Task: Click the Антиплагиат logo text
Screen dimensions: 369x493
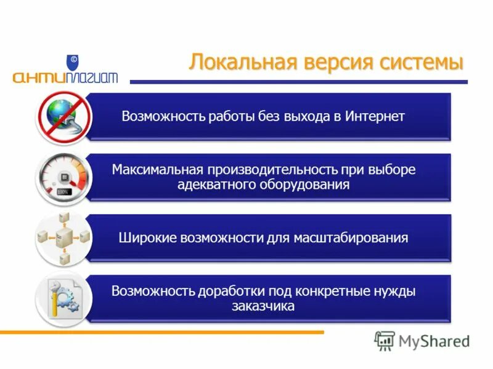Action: (64, 77)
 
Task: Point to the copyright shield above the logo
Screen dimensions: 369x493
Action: (73, 62)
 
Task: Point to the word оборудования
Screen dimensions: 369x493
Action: (300, 184)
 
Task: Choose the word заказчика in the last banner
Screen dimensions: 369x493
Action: (264, 306)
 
